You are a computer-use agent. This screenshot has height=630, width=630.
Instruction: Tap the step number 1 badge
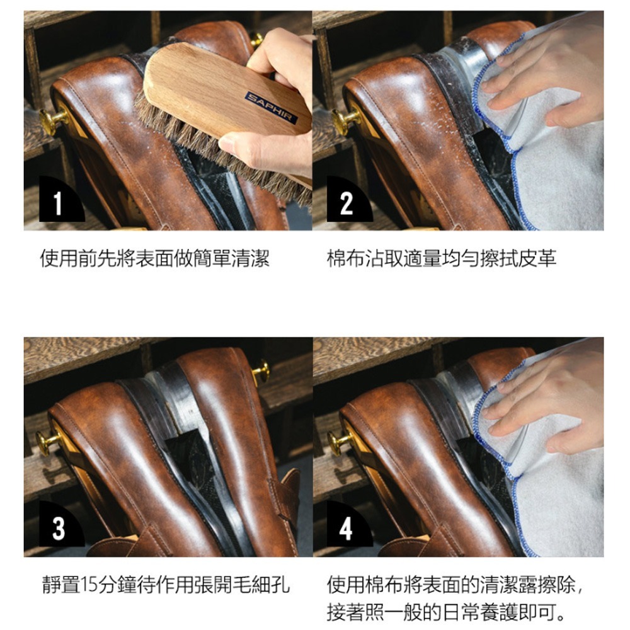pos(57,203)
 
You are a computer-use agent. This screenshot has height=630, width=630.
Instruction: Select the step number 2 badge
pos(346,203)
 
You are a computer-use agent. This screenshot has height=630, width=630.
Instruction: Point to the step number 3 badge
pos(57,529)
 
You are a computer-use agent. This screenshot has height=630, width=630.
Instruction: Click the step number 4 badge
pos(346,529)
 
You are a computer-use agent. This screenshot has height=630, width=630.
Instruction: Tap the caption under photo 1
pos(155,258)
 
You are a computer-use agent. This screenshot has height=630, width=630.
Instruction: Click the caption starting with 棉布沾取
pos(442,258)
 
